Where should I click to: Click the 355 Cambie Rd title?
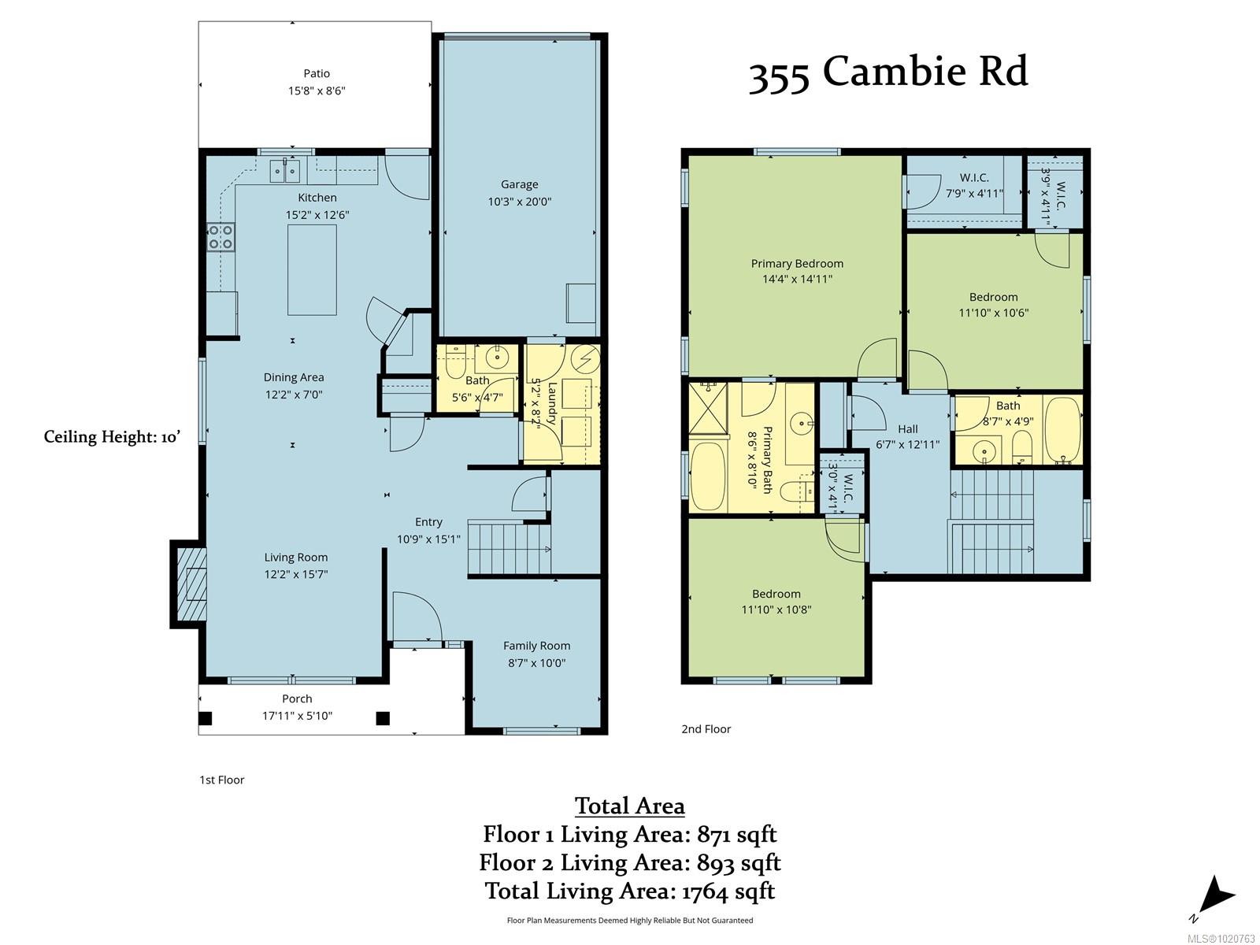click(888, 73)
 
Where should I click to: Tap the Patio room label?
click(317, 73)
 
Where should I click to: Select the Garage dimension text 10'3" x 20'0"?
click(520, 202)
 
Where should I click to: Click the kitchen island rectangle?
click(312, 269)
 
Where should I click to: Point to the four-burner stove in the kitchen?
click(221, 237)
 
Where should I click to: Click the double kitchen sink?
click(285, 170)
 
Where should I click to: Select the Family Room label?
click(537, 646)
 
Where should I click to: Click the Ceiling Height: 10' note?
click(112, 437)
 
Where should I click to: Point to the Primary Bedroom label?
click(797, 263)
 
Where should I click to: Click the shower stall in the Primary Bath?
click(708, 407)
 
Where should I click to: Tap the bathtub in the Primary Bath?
click(708, 476)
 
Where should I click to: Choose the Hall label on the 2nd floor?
click(907, 428)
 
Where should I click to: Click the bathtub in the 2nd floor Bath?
click(1063, 430)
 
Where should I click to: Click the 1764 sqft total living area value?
click(728, 891)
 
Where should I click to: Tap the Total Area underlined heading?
click(630, 806)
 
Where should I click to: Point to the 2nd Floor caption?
click(706, 728)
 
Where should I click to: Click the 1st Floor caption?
click(221, 780)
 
